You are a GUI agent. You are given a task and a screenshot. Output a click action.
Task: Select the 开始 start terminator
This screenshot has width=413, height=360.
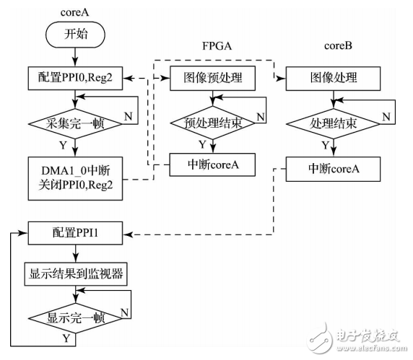[76, 35]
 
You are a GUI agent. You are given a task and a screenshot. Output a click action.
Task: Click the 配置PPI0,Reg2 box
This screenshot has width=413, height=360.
[75, 76]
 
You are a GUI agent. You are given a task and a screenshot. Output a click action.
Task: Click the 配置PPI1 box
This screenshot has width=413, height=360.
[75, 233]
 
